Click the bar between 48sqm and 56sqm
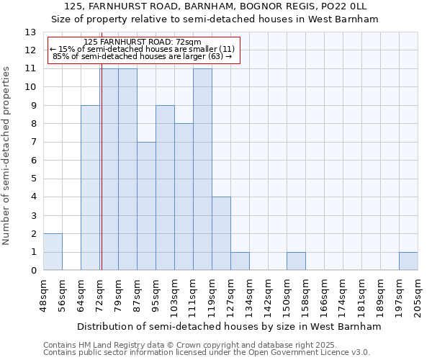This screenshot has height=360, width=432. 53,252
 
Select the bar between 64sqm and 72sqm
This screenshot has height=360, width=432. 90,188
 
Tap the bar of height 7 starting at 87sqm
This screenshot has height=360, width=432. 146,206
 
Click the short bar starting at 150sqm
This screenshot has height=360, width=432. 296,261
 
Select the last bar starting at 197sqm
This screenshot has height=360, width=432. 408,261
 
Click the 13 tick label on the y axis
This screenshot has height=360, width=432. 30,32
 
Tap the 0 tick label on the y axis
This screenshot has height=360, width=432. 32,271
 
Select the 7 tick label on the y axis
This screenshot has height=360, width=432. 32,143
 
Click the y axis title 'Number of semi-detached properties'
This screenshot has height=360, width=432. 7,155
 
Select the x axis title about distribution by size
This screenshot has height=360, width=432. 229,326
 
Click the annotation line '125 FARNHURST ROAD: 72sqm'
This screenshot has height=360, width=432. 142,42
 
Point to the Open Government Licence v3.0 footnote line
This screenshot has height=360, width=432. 207,353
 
